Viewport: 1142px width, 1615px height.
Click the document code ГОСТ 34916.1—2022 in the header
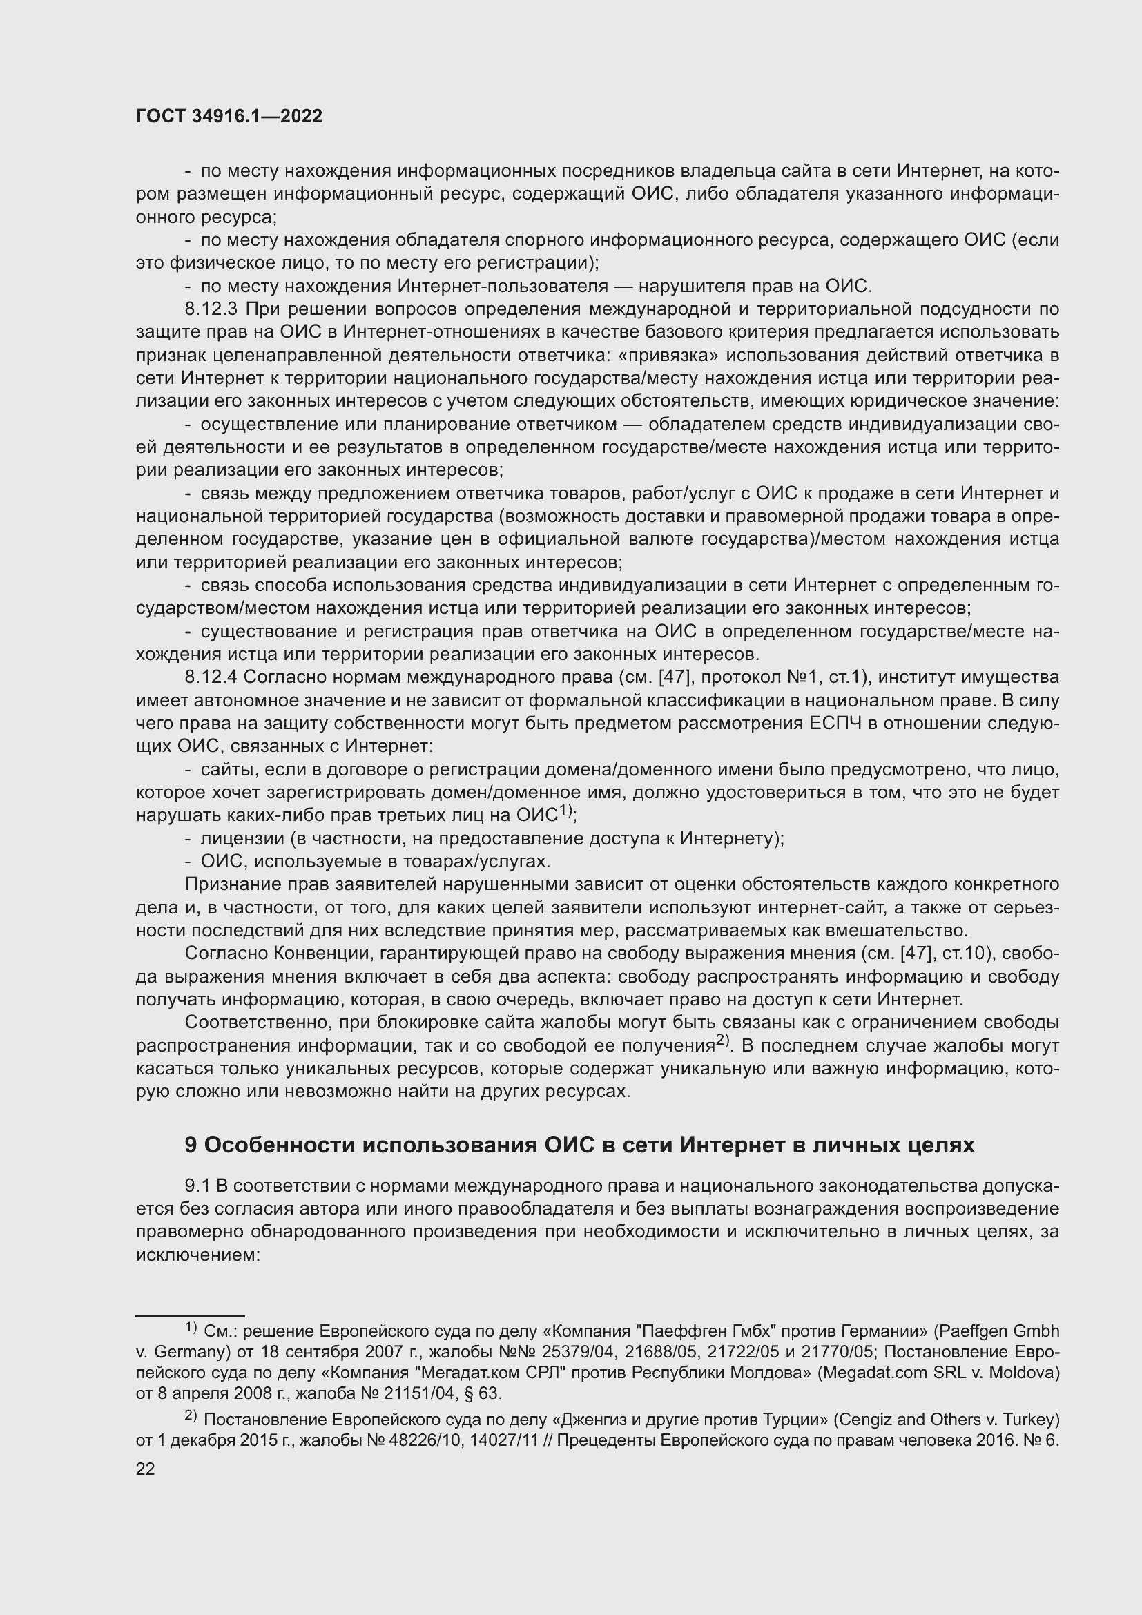point(229,117)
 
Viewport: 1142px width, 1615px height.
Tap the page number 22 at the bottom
point(146,1469)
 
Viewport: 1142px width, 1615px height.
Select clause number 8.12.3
point(213,309)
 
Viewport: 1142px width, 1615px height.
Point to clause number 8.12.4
point(213,677)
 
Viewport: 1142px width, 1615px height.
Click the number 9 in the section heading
point(191,1145)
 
